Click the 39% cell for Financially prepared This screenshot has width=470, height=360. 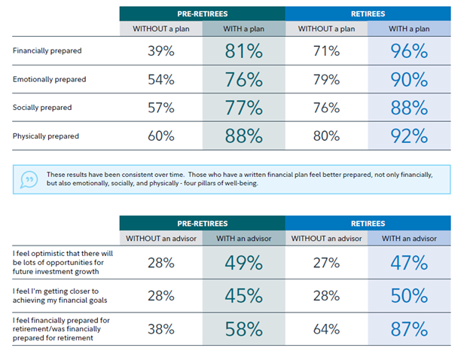click(x=161, y=51)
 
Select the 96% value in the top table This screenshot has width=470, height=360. click(x=409, y=51)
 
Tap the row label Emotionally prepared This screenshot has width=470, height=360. click(x=49, y=79)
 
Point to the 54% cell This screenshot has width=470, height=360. click(x=161, y=79)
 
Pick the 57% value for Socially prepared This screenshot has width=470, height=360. click(x=161, y=108)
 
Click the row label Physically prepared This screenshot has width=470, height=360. click(x=46, y=136)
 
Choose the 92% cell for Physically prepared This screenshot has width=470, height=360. click(x=409, y=136)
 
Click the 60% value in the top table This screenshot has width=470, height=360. click(x=161, y=136)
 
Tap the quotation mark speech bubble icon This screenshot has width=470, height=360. click(x=29, y=180)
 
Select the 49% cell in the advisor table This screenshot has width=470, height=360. click(x=244, y=263)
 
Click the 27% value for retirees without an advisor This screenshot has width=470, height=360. click(x=326, y=263)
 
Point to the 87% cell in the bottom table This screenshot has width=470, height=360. click(x=409, y=328)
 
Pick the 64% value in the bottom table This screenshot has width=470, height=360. click(x=326, y=328)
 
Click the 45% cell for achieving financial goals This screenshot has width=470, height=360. click(x=244, y=296)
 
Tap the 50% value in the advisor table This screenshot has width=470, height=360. click(x=409, y=296)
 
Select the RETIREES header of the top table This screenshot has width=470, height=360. click(x=368, y=14)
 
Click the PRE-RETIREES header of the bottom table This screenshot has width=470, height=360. click(x=203, y=224)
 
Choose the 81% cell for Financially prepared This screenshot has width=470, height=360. click(x=244, y=51)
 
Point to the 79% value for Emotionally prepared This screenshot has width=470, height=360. click(x=326, y=79)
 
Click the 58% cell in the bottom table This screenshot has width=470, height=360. click(x=244, y=328)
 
